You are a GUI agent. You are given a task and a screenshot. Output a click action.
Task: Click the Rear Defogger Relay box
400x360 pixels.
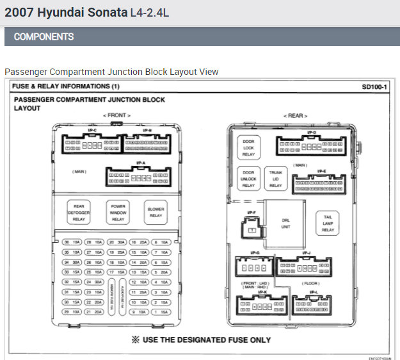[79, 212]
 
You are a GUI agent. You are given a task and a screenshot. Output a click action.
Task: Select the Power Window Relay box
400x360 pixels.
[118, 212]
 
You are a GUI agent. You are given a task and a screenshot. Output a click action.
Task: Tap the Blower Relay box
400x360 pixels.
[156, 212]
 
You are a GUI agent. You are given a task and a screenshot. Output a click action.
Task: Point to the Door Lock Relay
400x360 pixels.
[248, 148]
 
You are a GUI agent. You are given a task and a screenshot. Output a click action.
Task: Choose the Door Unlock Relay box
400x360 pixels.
[248, 179]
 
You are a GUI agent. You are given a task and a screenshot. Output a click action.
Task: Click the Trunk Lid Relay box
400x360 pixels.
[275, 179]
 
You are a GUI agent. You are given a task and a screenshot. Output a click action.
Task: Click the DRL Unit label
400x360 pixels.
[286, 222]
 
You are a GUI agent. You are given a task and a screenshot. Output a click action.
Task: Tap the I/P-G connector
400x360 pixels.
[252, 268]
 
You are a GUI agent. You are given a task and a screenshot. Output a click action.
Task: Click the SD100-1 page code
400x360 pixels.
[374, 86]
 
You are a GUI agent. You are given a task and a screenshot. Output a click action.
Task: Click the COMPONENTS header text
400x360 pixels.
[44, 37]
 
